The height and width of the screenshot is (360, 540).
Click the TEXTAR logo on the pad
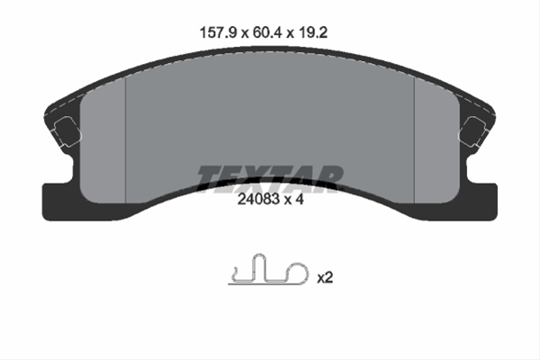pos(269,175)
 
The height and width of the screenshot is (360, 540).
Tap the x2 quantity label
pos(325,278)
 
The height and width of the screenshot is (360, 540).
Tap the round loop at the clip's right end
pos(293,276)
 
